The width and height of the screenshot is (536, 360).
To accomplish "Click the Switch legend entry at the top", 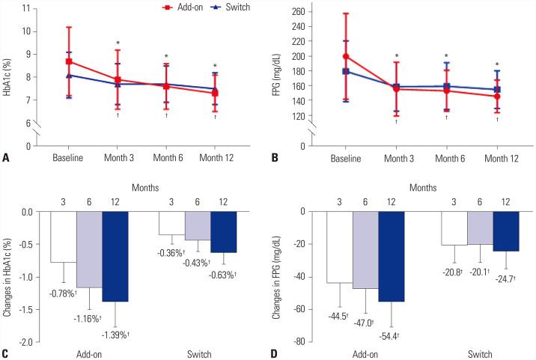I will [231, 6].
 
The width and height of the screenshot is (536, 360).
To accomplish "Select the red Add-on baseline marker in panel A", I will [69, 61].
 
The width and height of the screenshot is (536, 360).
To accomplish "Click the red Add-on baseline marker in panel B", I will [346, 56].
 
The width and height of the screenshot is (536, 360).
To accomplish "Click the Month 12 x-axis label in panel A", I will [215, 158].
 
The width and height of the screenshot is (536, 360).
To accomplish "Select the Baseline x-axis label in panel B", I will [346, 158].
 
